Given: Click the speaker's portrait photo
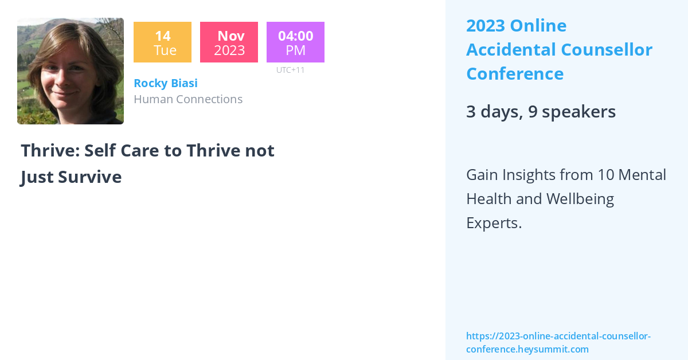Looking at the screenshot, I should pyautogui.click(x=71, y=71).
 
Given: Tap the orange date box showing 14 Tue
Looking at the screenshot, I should pyautogui.click(x=162, y=42).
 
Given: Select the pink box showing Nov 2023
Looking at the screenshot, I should pyautogui.click(x=229, y=42).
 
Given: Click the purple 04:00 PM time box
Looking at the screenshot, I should pyautogui.click(x=295, y=42).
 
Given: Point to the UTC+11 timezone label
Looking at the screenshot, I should pyautogui.click(x=290, y=70).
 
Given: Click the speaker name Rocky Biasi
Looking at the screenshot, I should pyautogui.click(x=165, y=83).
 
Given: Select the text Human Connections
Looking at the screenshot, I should pyautogui.click(x=188, y=99).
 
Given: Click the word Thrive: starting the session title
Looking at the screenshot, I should pyautogui.click(x=49, y=150).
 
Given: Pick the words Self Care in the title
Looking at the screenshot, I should pyautogui.click(x=124, y=150).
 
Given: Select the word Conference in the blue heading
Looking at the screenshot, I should pyautogui.click(x=514, y=74).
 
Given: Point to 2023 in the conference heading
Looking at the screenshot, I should pyautogui.click(x=485, y=26).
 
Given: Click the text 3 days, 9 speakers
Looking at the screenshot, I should pyautogui.click(x=541, y=112).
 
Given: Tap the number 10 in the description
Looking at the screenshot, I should pyautogui.click(x=605, y=174).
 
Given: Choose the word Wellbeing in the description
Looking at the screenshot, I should pyautogui.click(x=580, y=199).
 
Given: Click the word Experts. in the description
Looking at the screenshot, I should pyautogui.click(x=494, y=223).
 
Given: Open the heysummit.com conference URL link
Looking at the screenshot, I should pyautogui.click(x=558, y=342).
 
